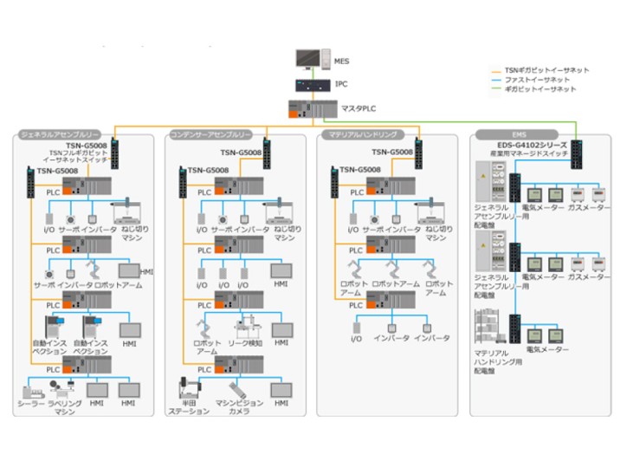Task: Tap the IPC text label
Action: pyautogui.click(x=341, y=84)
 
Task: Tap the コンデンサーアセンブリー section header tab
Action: pyautogui.click(x=210, y=135)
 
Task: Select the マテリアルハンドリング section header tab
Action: pyautogui.click(x=363, y=135)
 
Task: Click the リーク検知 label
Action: pyautogui.click(x=244, y=342)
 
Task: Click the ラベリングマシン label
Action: pyautogui.click(x=66, y=406)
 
